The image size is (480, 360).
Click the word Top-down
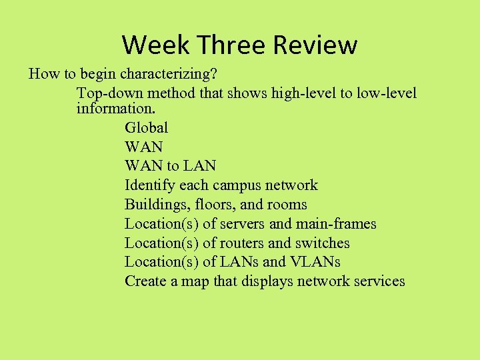click(x=106, y=93)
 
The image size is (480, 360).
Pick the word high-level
click(x=303, y=93)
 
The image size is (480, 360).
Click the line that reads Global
click(x=146, y=127)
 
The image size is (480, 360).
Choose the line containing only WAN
click(x=143, y=147)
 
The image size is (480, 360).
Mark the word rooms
click(x=287, y=204)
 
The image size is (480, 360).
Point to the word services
click(x=377, y=281)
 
